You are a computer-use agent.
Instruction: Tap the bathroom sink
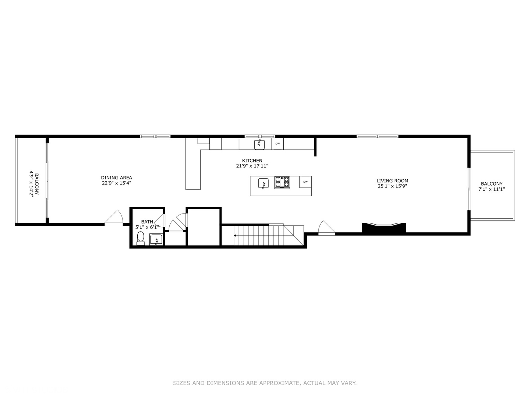point(156,240)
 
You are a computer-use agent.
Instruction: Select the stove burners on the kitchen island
point(282,182)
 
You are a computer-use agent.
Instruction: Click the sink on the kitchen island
point(263,183)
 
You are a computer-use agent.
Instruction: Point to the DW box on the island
point(305,182)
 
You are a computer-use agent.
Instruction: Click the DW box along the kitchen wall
point(278,144)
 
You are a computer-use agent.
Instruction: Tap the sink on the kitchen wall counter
point(259,144)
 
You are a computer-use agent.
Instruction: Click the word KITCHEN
point(252,161)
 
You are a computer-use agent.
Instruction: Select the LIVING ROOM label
point(392,181)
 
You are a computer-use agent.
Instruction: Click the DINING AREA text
point(116,178)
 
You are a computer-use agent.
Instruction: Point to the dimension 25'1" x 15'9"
point(392,186)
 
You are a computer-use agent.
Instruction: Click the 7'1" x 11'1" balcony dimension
point(492,189)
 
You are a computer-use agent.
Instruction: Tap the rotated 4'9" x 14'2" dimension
point(32,184)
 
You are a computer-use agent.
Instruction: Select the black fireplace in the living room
point(384,228)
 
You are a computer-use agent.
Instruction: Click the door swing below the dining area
point(114,218)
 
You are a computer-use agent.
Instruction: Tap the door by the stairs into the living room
point(326,228)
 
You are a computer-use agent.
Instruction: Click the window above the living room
point(377,136)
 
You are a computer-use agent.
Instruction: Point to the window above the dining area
point(155,136)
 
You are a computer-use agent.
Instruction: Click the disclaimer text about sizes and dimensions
point(265,383)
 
